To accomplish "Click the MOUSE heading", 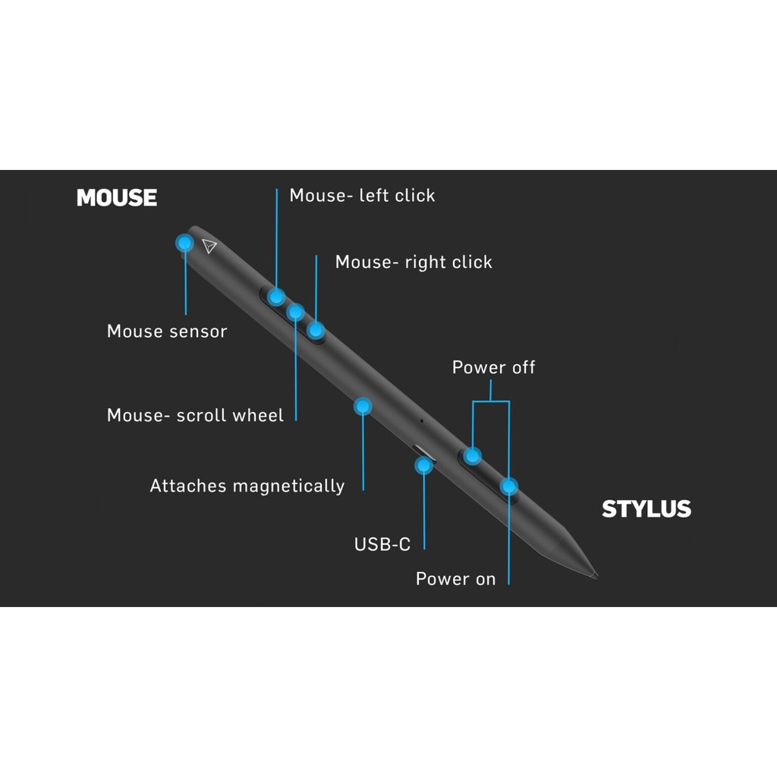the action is pyautogui.click(x=117, y=198).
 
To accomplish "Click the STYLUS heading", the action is pyautogui.click(x=646, y=509).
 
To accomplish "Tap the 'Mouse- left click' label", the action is pyautogui.click(x=362, y=196).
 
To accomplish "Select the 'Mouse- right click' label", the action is pyautogui.click(x=414, y=263).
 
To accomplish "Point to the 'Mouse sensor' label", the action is pyautogui.click(x=167, y=332).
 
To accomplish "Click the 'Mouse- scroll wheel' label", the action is pyautogui.click(x=195, y=416).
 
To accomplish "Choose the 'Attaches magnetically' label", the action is pyautogui.click(x=247, y=486).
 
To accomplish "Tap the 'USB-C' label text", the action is pyautogui.click(x=382, y=545).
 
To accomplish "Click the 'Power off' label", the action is pyautogui.click(x=493, y=368).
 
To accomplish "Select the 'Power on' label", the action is pyautogui.click(x=455, y=580).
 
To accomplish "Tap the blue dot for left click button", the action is pyautogui.click(x=277, y=296).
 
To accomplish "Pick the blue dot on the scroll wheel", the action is pyautogui.click(x=296, y=312).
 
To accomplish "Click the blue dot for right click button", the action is pyautogui.click(x=316, y=329).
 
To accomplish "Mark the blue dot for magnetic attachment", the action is pyautogui.click(x=363, y=407).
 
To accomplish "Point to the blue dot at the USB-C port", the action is pyautogui.click(x=423, y=465).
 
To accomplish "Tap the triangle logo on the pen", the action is pyautogui.click(x=210, y=246).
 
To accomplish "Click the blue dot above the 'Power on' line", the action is pyautogui.click(x=508, y=486).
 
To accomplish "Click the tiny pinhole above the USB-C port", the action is pyautogui.click(x=422, y=420).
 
